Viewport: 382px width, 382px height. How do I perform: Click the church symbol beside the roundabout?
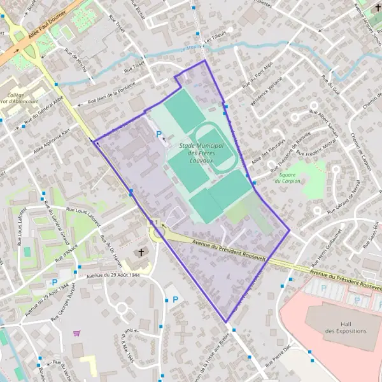(141, 253)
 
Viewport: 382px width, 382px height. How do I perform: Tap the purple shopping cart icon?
(77, 332)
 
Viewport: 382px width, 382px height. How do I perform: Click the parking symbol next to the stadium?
(159, 134)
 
